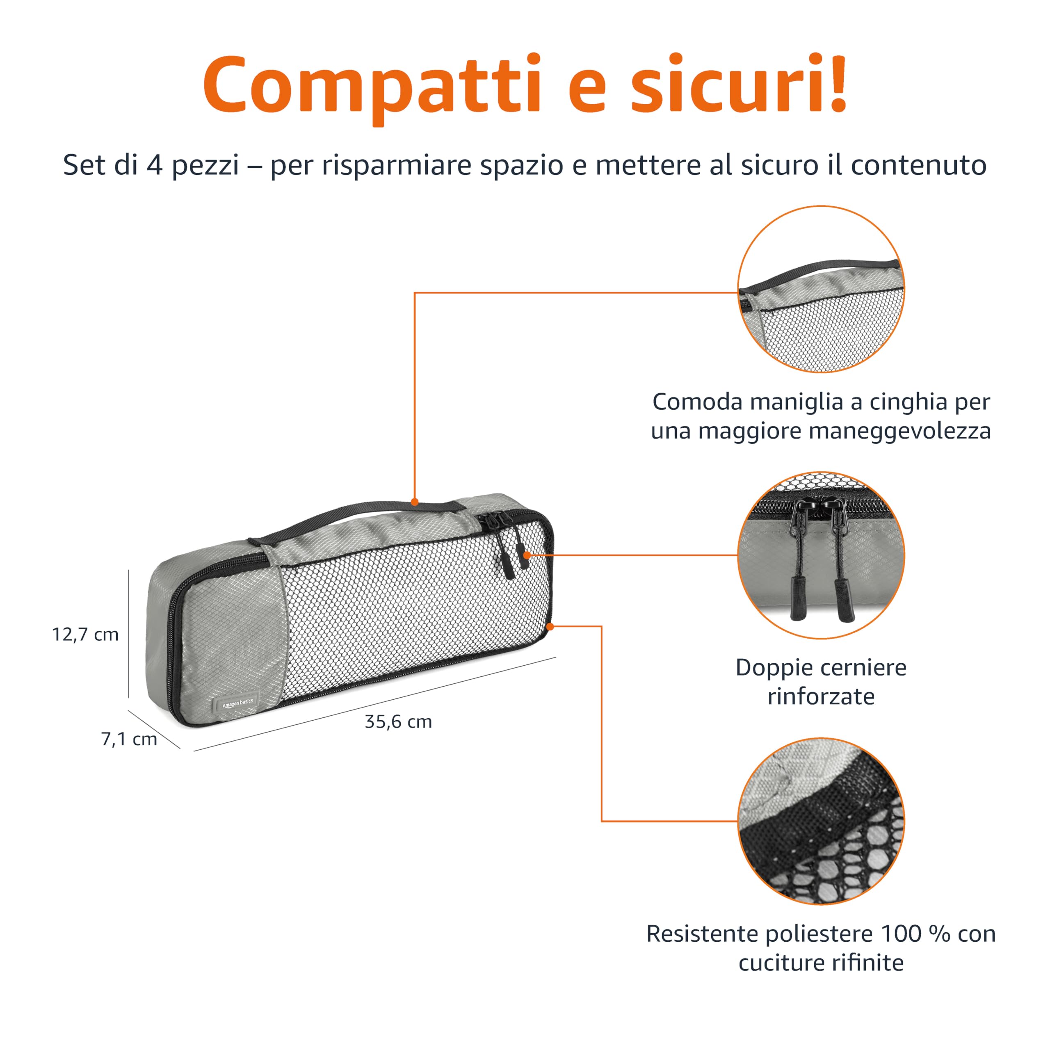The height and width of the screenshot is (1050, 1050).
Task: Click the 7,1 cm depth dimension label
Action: (x=129, y=739)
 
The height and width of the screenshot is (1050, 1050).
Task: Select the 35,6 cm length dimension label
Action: (x=398, y=722)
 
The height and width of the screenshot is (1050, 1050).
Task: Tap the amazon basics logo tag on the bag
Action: (x=237, y=704)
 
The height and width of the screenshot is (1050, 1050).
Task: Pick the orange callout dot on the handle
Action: (x=415, y=502)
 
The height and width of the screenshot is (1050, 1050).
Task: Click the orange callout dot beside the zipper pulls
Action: (x=526, y=555)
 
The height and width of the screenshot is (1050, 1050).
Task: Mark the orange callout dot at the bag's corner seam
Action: (x=550, y=627)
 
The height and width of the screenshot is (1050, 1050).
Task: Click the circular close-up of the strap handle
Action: (x=821, y=289)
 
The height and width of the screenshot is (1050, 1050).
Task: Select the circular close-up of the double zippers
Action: (x=821, y=555)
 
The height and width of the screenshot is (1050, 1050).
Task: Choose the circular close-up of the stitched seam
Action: (x=821, y=821)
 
